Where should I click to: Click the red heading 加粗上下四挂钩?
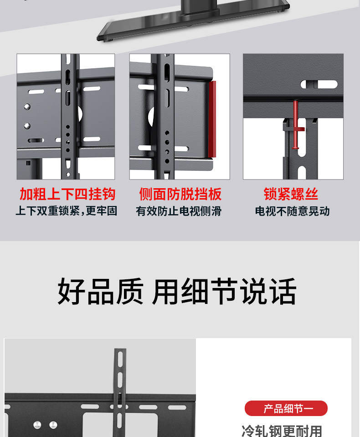(67, 194)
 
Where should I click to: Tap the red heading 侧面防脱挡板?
(180, 194)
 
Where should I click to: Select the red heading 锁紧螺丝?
(291, 194)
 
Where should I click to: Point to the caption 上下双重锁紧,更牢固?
(67, 211)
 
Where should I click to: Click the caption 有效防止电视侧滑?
(179, 211)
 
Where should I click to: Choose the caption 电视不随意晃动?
(292, 211)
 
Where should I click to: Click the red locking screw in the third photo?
(295, 126)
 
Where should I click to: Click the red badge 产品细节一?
(286, 408)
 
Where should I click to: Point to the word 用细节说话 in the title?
(224, 292)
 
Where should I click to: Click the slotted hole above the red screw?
(319, 84)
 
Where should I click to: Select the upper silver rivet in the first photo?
(27, 107)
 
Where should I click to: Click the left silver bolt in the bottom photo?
(38, 425)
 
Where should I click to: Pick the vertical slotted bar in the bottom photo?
(120, 387)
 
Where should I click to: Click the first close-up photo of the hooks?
(66, 117)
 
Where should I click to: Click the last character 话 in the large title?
(283, 292)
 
